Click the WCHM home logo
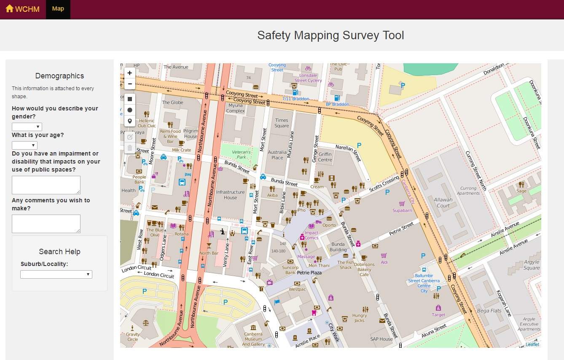22,9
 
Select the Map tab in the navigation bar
58,9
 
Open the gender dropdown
27,127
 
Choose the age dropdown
24,145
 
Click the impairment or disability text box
46,185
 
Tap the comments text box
46,223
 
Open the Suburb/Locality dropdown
56,274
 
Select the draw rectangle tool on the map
130,99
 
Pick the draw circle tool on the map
130,110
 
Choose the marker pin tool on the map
130,121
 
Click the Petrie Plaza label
309,273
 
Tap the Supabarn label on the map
402,210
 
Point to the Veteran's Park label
242,154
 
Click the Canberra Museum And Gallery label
253,339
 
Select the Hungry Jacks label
360,318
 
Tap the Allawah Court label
443,203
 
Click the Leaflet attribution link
532,344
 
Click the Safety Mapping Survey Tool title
330,35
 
